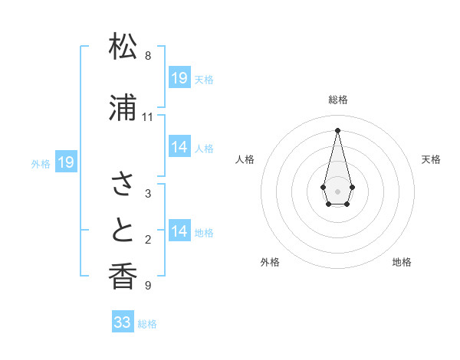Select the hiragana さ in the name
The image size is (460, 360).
pyautogui.click(x=123, y=184)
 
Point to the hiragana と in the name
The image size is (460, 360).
pyautogui.click(x=123, y=231)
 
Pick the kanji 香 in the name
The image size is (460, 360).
pyautogui.click(x=123, y=277)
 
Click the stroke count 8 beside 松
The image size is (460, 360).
pyautogui.click(x=148, y=56)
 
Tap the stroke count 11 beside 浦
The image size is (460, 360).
pyautogui.click(x=148, y=117)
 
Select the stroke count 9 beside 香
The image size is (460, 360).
pyautogui.click(x=148, y=286)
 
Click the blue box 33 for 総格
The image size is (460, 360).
pyautogui.click(x=123, y=322)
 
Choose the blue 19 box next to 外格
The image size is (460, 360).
pyautogui.click(x=66, y=162)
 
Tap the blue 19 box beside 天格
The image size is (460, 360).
pyautogui.click(x=179, y=77)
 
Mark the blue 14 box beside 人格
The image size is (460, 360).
pyautogui.click(x=179, y=147)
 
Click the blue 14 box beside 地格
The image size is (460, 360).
pyautogui.click(x=179, y=231)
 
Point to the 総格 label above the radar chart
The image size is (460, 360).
pyautogui.click(x=338, y=100)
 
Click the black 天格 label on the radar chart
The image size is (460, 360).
pyautogui.click(x=432, y=159)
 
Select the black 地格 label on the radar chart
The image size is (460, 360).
pyautogui.click(x=402, y=263)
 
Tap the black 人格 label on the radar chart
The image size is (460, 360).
pyautogui.click(x=245, y=159)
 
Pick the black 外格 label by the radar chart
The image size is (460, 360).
pyautogui.click(x=270, y=263)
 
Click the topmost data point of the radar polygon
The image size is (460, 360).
pyautogui.click(x=337, y=129)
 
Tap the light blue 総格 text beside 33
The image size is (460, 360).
pyautogui.click(x=147, y=324)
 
